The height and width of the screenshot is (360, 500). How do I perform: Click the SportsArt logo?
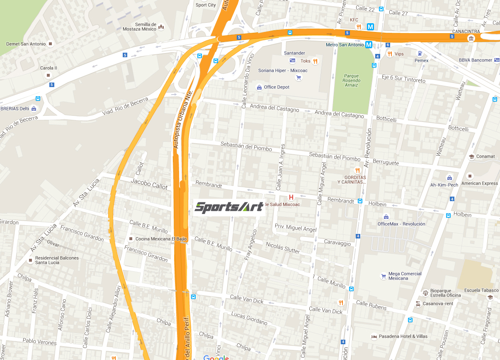pyautogui.click(x=229, y=207)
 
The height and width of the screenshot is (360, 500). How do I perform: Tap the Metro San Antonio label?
pyautogui.click(x=345, y=45)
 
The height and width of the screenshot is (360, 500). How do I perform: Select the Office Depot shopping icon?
pyautogui.click(x=260, y=87)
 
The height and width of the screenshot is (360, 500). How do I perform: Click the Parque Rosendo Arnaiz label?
pyautogui.click(x=352, y=80)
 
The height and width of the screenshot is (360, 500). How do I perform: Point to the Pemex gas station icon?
pyautogui.click(x=421, y=54)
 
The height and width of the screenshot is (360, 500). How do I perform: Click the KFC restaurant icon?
pyautogui.click(x=359, y=27)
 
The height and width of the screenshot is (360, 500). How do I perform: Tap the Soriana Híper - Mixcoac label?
pyautogui.click(x=283, y=71)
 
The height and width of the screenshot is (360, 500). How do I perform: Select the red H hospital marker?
pyautogui.click(x=291, y=197)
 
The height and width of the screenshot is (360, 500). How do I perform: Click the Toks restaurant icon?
pyautogui.click(x=316, y=61)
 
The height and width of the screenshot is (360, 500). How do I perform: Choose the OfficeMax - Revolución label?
pyautogui.click(x=401, y=224)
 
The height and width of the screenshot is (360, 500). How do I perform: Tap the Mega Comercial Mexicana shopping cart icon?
pyautogui.click(x=383, y=276)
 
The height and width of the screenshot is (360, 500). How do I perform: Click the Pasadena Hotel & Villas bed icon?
pyautogui.click(x=374, y=336)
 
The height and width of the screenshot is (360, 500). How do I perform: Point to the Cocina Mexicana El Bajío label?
pyautogui.click(x=161, y=239)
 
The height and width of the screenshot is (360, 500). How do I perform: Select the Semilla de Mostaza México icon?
pyautogui.click(x=161, y=27)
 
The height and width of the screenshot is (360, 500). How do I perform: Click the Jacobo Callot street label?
pyautogui.click(x=149, y=184)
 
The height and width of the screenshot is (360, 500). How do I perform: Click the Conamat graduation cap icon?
pyautogui.click(x=471, y=157)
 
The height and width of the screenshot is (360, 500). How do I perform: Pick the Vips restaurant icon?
pyautogui.click(x=390, y=54)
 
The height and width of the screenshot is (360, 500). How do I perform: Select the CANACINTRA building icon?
pyautogui.click(x=471, y=39)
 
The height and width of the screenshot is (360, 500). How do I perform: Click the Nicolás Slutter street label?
pyautogui.click(x=283, y=248)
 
